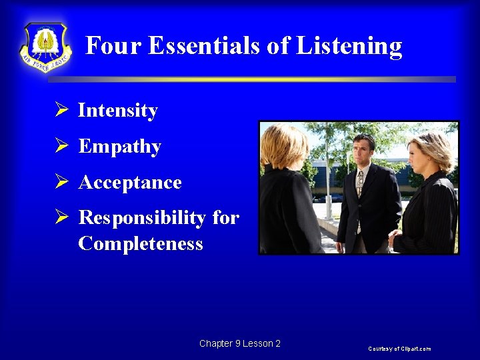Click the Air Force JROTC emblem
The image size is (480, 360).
click(45, 47)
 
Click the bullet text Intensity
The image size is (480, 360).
click(118, 111)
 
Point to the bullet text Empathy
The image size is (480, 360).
click(120, 147)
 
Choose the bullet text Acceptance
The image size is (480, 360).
click(130, 183)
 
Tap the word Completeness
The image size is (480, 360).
click(141, 244)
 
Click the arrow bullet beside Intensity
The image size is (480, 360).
click(62, 110)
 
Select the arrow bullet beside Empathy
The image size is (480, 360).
click(62, 146)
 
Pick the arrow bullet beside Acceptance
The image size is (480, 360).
click(62, 182)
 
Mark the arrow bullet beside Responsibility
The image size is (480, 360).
click(62, 218)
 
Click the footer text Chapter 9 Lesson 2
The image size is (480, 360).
click(240, 344)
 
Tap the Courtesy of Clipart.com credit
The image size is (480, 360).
click(399, 349)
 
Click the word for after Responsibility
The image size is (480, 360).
click(225, 219)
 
